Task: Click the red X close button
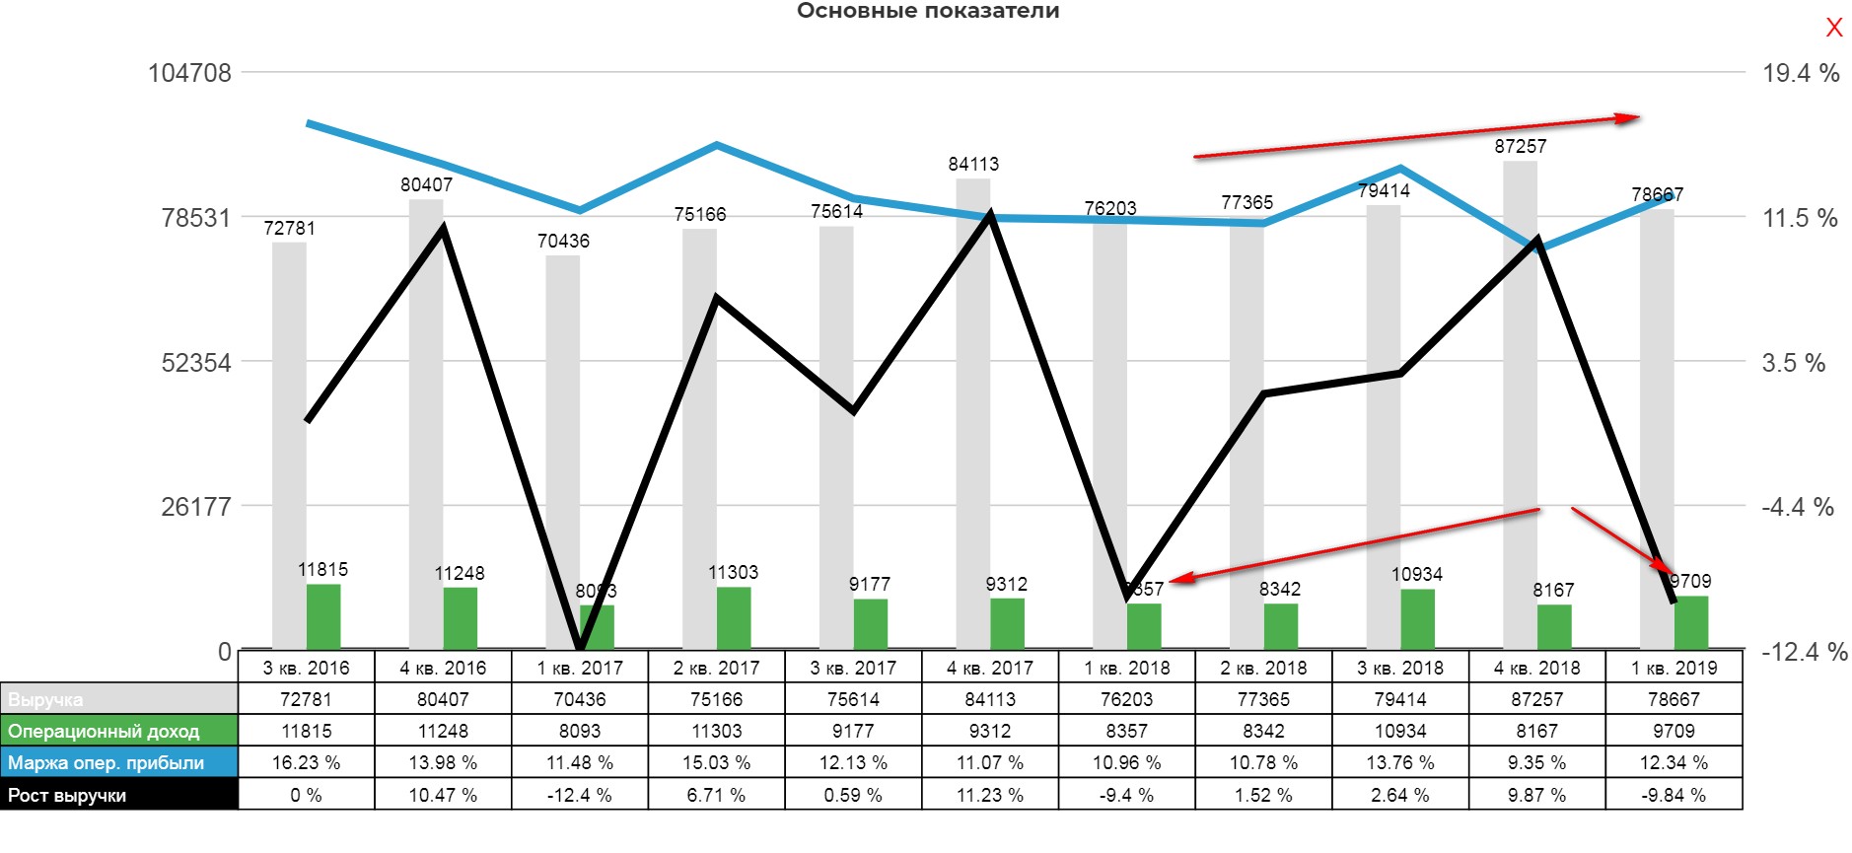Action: click(1833, 28)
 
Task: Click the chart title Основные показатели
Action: click(927, 11)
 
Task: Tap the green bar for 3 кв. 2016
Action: click(323, 615)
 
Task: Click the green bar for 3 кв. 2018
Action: click(1417, 618)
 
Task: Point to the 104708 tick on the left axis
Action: click(189, 73)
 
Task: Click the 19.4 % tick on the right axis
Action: click(1800, 73)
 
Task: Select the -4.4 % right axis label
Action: click(1797, 507)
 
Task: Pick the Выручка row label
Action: click(118, 699)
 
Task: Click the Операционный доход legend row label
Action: click(118, 731)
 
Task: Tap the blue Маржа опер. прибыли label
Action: click(118, 762)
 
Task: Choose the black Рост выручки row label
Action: click(118, 795)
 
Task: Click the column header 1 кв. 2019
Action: click(1674, 668)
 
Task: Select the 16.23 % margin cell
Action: click(306, 762)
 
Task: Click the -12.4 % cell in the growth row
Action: click(580, 795)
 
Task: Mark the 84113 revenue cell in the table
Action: click(990, 699)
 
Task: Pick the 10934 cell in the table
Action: click(1400, 731)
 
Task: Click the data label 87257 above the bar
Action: click(1520, 146)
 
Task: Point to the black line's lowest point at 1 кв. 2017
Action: click(581, 646)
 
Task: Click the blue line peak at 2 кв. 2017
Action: click(717, 145)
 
